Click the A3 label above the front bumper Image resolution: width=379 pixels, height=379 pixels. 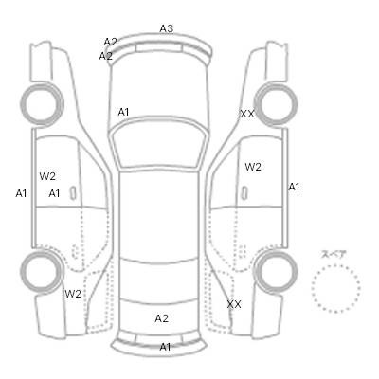pos(167,28)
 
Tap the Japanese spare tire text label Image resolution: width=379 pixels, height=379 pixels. pos(334,254)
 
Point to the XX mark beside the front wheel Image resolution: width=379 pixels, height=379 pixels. pos(247,114)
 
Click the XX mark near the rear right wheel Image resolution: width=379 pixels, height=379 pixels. pos(234,304)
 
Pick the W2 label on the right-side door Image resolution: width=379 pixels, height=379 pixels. pos(253,167)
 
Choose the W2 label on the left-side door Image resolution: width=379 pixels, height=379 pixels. pos(47,176)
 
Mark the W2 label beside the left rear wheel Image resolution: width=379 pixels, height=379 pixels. pos(73,294)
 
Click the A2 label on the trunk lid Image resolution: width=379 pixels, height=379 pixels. pos(162,318)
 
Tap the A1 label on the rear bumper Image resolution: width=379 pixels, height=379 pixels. pos(165,347)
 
